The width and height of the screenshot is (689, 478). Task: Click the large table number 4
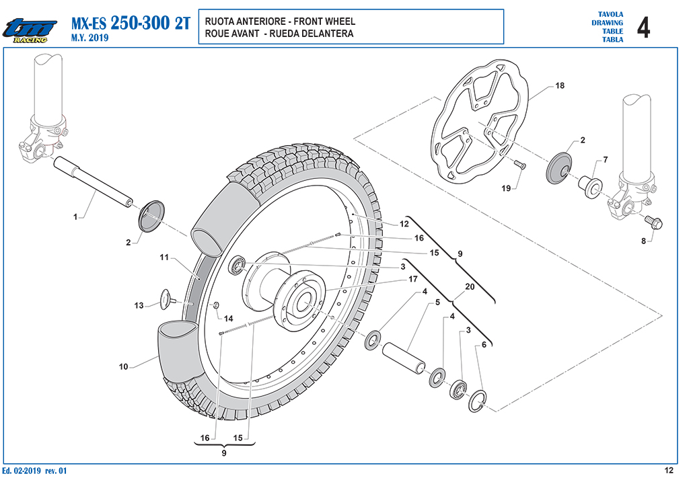tap(643, 27)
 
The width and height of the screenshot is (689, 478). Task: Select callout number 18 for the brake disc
tap(560, 85)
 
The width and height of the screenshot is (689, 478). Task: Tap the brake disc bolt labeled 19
tap(521, 165)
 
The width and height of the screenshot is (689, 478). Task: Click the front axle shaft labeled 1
tap(93, 181)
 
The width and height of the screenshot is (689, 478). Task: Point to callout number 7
tap(606, 159)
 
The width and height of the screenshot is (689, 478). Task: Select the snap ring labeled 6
tap(477, 401)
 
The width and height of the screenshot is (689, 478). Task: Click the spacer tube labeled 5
tap(404, 358)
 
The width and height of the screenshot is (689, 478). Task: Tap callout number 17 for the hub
tap(413, 279)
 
